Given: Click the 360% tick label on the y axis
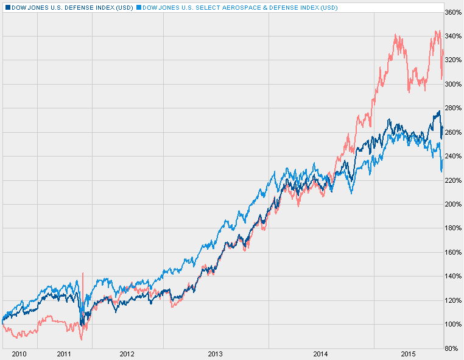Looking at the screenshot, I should [452, 12].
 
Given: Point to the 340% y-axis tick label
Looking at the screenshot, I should [452, 36].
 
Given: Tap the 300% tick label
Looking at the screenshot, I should [452, 84].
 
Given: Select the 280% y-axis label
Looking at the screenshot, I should [452, 108].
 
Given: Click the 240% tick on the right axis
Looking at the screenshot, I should [452, 156].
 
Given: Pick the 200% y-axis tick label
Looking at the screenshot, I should [452, 204].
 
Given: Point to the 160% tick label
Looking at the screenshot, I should [452, 252].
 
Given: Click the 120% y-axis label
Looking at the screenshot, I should [452, 300].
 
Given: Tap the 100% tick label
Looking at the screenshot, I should [452, 324].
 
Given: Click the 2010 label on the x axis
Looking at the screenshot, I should [19, 353].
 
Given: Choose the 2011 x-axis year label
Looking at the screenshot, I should [65, 353].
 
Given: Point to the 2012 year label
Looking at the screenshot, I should [127, 353].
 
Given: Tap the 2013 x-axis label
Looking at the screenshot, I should [216, 353].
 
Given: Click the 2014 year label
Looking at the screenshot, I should [321, 353].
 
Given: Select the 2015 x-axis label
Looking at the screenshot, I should [408, 353].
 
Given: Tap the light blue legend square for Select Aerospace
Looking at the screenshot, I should [138, 7].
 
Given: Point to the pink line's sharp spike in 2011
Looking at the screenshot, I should [83, 274].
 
